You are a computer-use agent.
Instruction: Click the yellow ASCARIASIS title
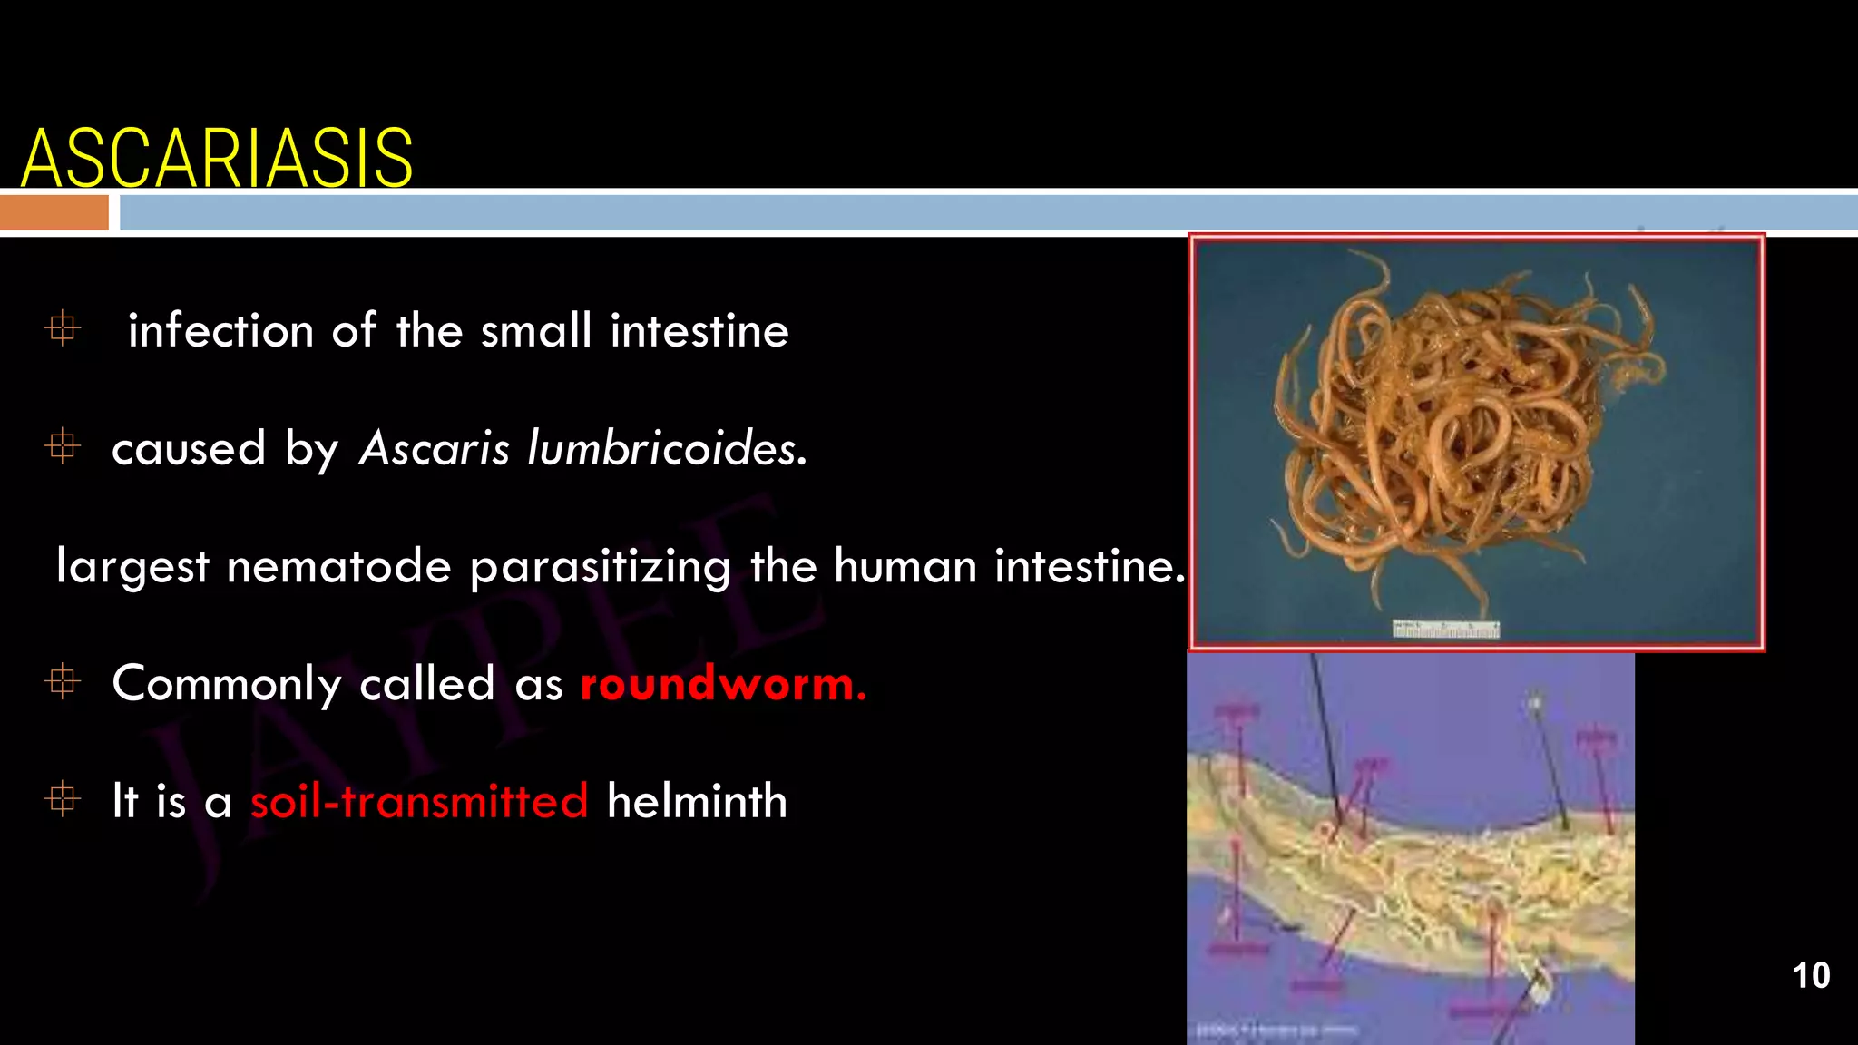[x=217, y=158]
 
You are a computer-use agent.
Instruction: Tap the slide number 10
[x=1811, y=976]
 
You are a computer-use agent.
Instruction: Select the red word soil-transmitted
[x=419, y=802]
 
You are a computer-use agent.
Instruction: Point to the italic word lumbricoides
[x=667, y=448]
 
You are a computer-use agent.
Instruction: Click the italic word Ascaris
[x=435, y=448]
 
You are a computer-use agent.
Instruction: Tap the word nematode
[x=338, y=567]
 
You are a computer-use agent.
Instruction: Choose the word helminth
[x=696, y=802]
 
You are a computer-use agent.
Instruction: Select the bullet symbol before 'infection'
[x=63, y=328]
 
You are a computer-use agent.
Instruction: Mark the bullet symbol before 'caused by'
[x=63, y=446]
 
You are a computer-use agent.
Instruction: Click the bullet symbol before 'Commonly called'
[x=63, y=681]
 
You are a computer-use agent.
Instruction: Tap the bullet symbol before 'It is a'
[x=63, y=799]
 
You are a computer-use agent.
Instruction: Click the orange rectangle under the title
[x=54, y=213]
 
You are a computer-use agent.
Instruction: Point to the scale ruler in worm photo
[x=1446, y=630]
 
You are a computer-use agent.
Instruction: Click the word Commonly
[x=226, y=685]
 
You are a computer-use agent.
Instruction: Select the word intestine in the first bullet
[x=699, y=330]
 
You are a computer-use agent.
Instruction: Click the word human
[x=905, y=567]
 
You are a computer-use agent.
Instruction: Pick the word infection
[x=220, y=330]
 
